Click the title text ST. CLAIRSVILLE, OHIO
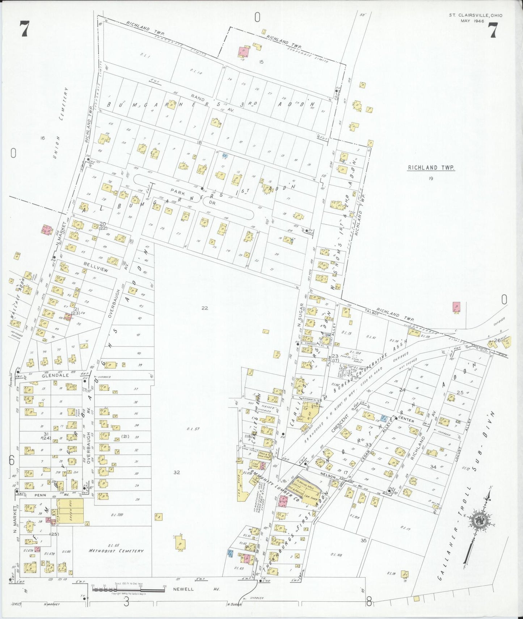tap(475, 15)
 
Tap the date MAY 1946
tap(472, 21)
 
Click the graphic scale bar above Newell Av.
tap(128, 589)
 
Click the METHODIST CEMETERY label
tap(117, 551)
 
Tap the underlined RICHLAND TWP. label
tap(431, 168)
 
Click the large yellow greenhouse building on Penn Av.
tap(71, 511)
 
